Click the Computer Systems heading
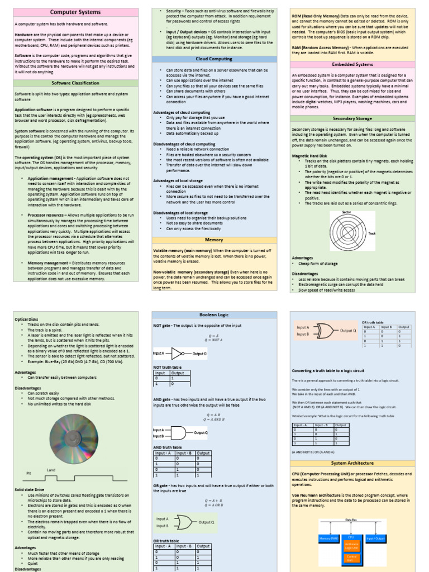click(75, 12)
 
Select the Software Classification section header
click(75, 83)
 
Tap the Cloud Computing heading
click(214, 59)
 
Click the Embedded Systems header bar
click(352, 64)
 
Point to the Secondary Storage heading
click(352, 119)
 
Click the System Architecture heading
click(352, 463)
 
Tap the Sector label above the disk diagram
click(346, 212)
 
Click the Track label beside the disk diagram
click(372, 233)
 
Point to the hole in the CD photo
click(74, 439)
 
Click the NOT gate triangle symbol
click(177, 354)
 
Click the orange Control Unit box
click(352, 557)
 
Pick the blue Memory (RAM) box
click(328, 538)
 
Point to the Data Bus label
click(351, 520)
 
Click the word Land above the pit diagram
click(51, 470)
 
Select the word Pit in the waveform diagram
click(29, 473)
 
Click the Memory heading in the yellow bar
click(214, 240)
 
